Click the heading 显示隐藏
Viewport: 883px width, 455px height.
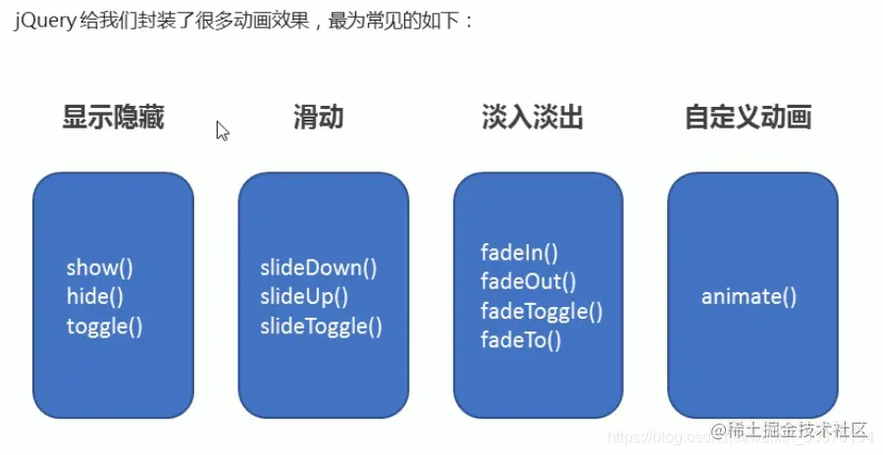113,119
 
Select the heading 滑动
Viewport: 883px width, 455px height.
319,119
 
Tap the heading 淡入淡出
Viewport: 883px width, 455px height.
533,119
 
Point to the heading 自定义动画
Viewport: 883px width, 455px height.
748,119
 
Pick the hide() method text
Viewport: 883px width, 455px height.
95,296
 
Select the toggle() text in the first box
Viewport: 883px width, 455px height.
105,326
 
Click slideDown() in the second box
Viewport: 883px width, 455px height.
318,267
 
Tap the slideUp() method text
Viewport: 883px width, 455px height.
304,296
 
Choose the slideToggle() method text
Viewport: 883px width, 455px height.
321,326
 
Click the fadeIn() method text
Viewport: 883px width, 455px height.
519,252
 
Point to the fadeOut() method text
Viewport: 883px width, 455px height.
528,281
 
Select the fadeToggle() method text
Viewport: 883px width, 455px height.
541,311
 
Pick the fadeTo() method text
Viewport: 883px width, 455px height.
520,340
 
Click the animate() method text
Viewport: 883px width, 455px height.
749,296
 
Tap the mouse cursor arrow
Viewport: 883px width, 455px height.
222,129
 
